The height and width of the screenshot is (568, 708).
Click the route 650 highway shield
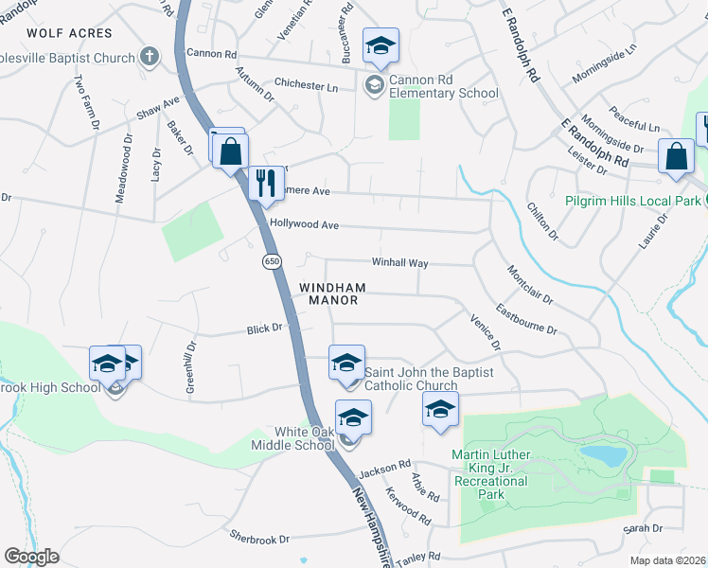coord(272,261)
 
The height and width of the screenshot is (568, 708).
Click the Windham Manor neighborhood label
coord(329,293)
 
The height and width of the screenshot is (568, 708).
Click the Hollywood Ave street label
coord(304,224)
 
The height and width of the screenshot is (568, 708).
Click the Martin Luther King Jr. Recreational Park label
coord(490,469)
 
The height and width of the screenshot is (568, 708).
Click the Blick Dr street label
coord(264,328)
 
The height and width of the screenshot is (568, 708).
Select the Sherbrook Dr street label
coord(258,539)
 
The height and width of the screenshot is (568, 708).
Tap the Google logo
coord(31,557)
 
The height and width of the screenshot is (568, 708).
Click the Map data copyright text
coord(667,560)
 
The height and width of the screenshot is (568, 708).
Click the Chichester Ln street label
coord(306,86)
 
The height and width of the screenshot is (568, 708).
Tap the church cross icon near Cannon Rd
coord(150,58)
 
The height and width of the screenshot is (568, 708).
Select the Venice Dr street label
coord(484,332)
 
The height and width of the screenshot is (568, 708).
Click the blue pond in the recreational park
coord(603,456)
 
